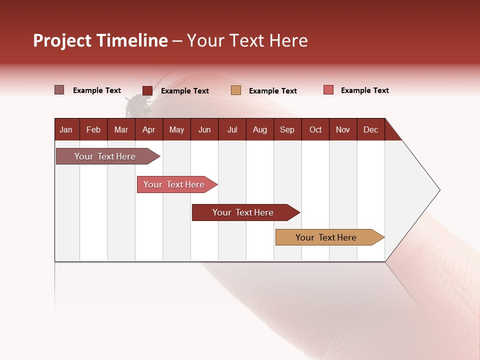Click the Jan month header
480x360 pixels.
pyautogui.click(x=66, y=129)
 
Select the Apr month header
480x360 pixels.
pyautogui.click(x=149, y=129)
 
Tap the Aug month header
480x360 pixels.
pyautogui.click(x=259, y=129)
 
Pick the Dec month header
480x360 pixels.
pyautogui.click(x=370, y=129)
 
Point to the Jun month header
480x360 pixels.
pyautogui.click(x=204, y=129)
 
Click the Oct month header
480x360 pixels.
pyautogui.click(x=315, y=129)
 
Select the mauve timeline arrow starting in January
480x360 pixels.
pyautogui.click(x=105, y=156)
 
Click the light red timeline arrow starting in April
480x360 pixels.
pyautogui.click(x=174, y=184)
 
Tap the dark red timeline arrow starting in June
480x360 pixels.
pyautogui.click(x=243, y=212)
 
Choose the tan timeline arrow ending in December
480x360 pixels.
pyautogui.click(x=327, y=237)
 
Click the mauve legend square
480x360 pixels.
pyautogui.click(x=59, y=90)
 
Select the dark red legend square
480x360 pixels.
pyautogui.click(x=147, y=90)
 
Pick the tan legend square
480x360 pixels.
pyautogui.click(x=236, y=90)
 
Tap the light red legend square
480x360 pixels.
pyautogui.click(x=328, y=90)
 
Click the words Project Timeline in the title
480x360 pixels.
pyautogui.click(x=100, y=40)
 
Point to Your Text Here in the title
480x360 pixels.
pyautogui.click(x=247, y=40)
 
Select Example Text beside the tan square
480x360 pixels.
pyautogui.click(x=272, y=91)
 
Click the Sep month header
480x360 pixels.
pyautogui.click(x=287, y=129)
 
